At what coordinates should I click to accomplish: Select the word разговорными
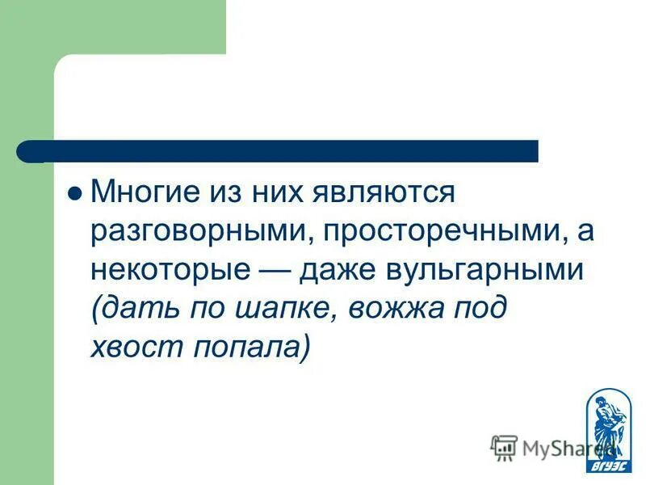pos(203,232)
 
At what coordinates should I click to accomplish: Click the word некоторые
pos(170,271)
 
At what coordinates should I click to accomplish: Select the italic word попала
pos(242,348)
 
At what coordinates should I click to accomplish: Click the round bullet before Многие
pos(75,194)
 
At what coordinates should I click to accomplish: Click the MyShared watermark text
pos(557,447)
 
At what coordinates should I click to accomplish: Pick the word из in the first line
pos(226,193)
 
